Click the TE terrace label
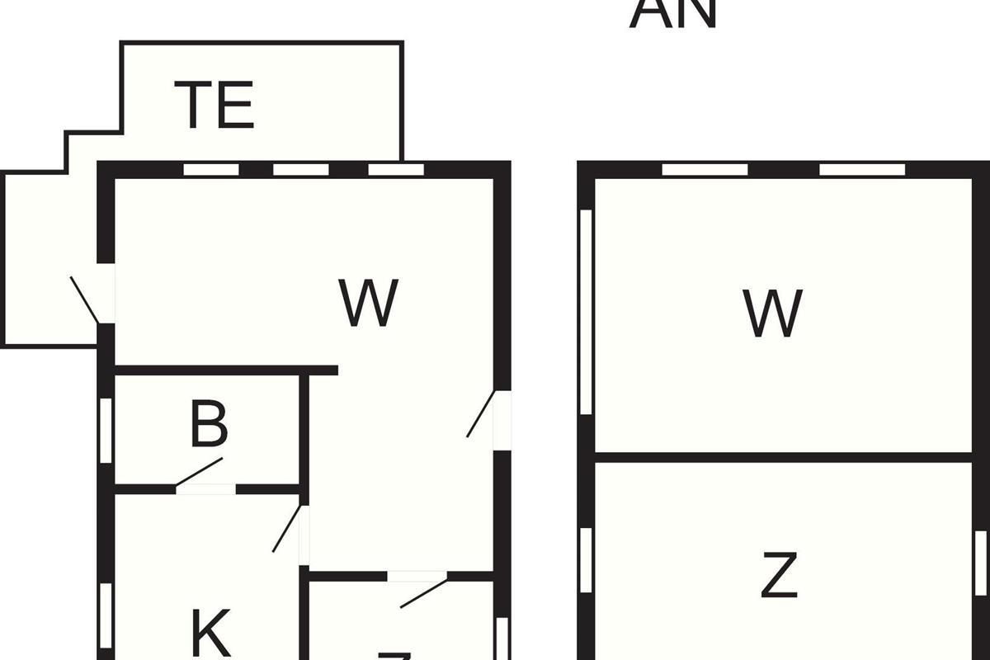point(217,105)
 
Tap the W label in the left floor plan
point(369,303)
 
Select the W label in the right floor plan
point(772,313)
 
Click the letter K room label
point(210,633)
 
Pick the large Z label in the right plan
point(779,577)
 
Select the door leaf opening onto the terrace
point(85,300)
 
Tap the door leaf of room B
point(198,472)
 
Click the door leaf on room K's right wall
point(286,528)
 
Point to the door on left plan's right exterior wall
point(481,414)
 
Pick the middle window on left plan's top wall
point(301,170)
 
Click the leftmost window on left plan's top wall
point(211,170)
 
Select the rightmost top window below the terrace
point(395,170)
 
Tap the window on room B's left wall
point(106,431)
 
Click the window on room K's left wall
point(106,615)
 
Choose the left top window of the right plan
point(705,170)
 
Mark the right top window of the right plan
point(862,170)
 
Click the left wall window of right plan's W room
point(587,312)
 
